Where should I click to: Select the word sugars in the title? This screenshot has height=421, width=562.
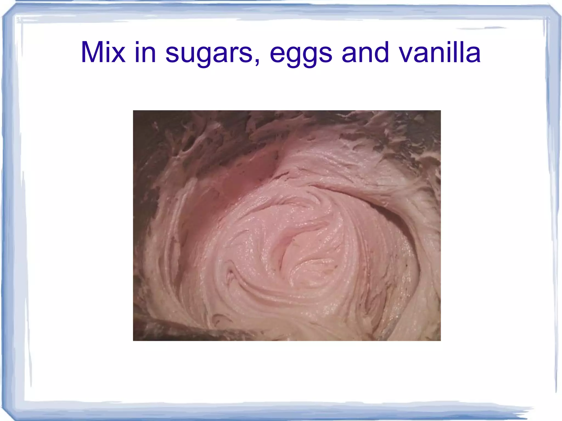[x=209, y=53]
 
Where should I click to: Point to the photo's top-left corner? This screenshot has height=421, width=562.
[x=133, y=111]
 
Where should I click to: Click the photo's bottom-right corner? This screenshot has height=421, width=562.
[x=440, y=340]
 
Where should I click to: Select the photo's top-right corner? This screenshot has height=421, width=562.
[x=440, y=111]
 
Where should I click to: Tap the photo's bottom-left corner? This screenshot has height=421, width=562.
[x=133, y=340]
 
